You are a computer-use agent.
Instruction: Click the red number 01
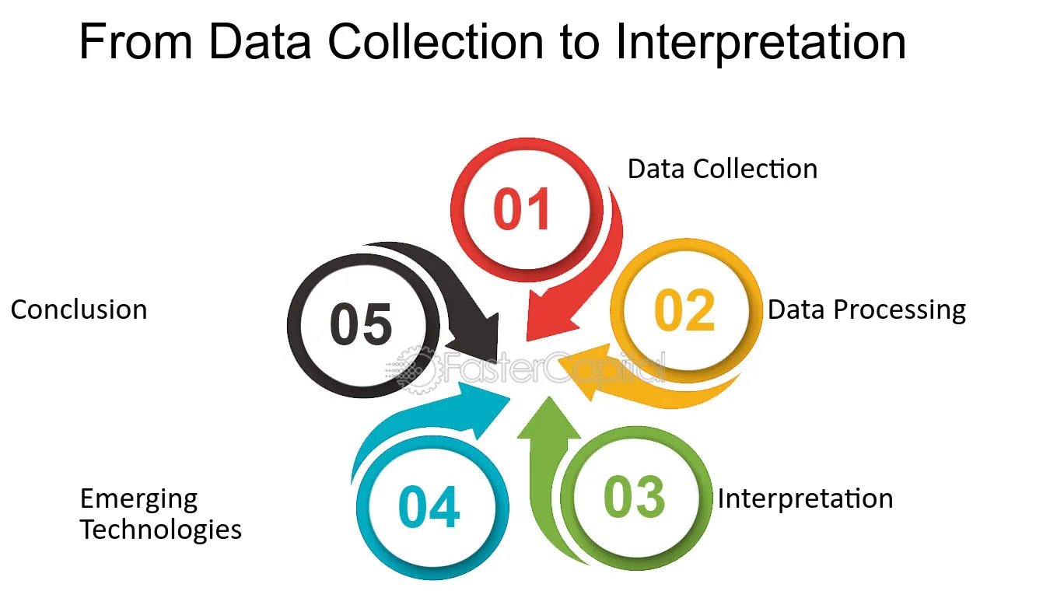tap(522, 208)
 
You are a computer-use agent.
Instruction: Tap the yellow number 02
tap(684, 309)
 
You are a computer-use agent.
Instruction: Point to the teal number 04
tap(429, 506)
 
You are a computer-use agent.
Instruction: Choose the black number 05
tap(361, 324)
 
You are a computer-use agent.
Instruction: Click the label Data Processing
tap(866, 309)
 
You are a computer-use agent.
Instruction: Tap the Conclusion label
tap(79, 309)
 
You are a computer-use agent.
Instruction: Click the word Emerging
tap(138, 499)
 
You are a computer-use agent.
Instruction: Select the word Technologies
tap(161, 530)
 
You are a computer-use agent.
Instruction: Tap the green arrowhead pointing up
tap(549, 418)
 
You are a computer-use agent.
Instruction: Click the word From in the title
tap(136, 42)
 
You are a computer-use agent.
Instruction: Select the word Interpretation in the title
tap(761, 43)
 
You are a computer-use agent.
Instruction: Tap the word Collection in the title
tap(436, 42)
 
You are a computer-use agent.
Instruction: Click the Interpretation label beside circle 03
tap(805, 498)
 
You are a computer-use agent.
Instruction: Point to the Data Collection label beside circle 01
tap(723, 169)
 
